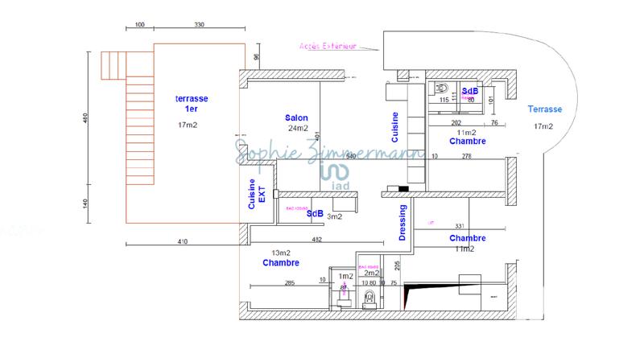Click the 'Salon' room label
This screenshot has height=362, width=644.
[297, 117]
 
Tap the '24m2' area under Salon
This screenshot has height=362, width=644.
[298, 128]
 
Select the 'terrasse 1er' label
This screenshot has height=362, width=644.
[192, 103]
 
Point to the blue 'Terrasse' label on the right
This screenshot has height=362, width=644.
[545, 109]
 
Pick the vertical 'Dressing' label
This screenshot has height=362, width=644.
[402, 221]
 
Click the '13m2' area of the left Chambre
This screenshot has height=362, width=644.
[280, 253]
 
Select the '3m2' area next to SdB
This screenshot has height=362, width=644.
[335, 216]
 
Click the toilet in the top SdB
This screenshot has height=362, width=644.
[442, 88]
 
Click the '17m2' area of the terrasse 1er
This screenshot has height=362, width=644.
[188, 125]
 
